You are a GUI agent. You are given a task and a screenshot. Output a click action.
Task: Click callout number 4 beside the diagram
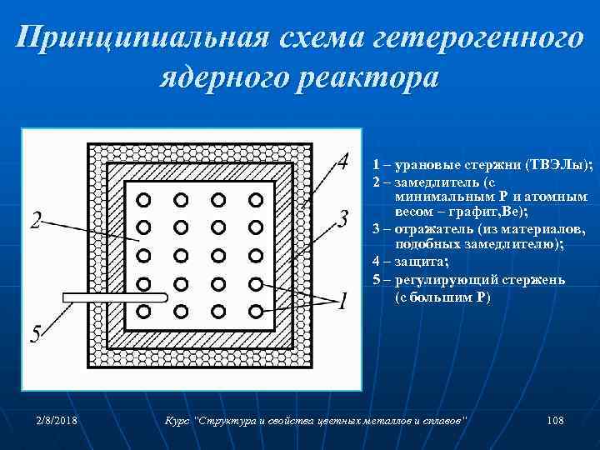pyautogui.click(x=342, y=161)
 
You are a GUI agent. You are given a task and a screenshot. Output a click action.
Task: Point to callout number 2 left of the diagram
pyautogui.click(x=36, y=221)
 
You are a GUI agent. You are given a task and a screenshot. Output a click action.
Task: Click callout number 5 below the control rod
pyautogui.click(x=36, y=334)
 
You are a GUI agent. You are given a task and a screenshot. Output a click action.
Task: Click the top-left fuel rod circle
pyautogui.click(x=143, y=200)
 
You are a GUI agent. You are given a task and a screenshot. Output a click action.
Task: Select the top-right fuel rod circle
pyautogui.click(x=256, y=200)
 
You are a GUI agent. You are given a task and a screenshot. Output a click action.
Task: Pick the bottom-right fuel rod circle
pyautogui.click(x=256, y=311)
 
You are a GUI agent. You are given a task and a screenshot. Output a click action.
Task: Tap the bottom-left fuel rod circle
pyautogui.click(x=143, y=311)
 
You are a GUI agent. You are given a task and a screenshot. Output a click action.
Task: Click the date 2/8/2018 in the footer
pyautogui.click(x=57, y=420)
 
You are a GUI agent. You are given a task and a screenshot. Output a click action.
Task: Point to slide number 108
pyautogui.click(x=556, y=420)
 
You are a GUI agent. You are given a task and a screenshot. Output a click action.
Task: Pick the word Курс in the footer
pyautogui.click(x=177, y=420)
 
